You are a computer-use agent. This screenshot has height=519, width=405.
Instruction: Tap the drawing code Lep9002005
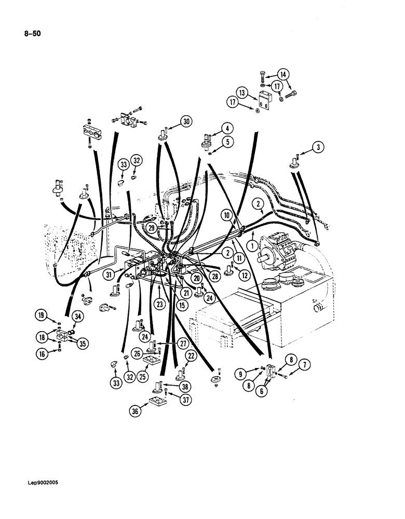34,483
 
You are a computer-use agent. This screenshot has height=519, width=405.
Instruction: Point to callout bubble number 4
226,127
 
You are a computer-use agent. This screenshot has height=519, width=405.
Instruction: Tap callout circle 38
183,387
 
